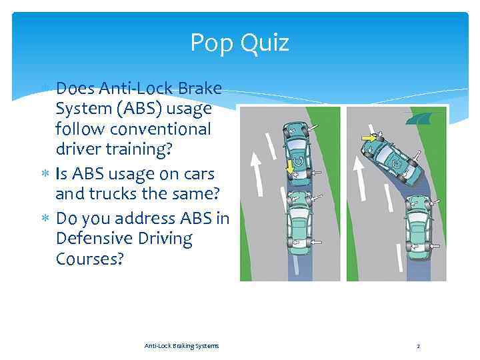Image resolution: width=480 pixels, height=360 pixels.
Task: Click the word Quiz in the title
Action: [x=267, y=43]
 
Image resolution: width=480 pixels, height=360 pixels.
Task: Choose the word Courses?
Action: [x=90, y=259]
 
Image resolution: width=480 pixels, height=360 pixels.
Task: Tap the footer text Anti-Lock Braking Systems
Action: [x=181, y=345]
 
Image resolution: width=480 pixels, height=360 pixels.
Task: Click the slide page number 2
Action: [x=418, y=346]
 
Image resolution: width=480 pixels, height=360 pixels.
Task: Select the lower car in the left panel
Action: [x=299, y=223]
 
